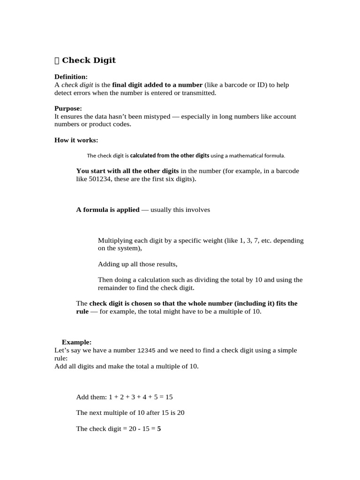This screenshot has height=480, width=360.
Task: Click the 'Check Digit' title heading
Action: pyautogui.click(x=89, y=60)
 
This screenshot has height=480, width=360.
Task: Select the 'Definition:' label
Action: pyautogui.click(x=71, y=77)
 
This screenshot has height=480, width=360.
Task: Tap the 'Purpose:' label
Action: pyautogui.click(x=68, y=108)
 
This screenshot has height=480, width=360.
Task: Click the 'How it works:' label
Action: pyautogui.click(x=76, y=140)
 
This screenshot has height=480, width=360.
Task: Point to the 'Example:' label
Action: pyautogui.click(x=76, y=342)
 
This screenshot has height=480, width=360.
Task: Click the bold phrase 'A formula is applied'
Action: pyautogui.click(x=108, y=210)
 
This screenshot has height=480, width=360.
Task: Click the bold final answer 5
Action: pyautogui.click(x=159, y=429)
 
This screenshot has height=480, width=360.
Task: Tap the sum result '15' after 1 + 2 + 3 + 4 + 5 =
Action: pyautogui.click(x=169, y=397)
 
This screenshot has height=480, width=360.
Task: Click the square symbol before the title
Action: pyautogui.click(x=57, y=60)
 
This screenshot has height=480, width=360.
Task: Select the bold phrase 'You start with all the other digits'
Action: pyautogui.click(x=127, y=171)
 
